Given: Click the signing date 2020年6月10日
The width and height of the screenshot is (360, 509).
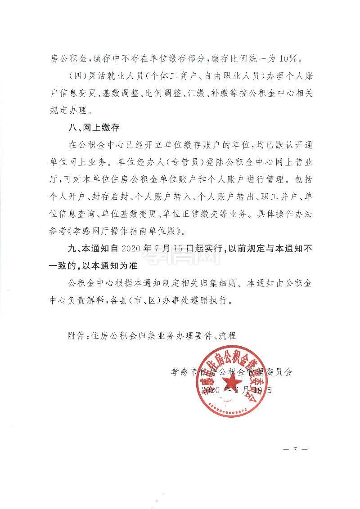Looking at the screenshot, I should (x=237, y=389).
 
